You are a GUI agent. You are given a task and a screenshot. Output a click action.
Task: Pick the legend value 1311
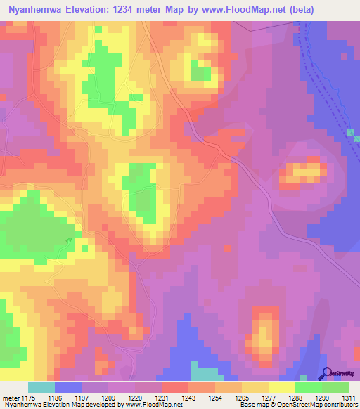coord(349,397)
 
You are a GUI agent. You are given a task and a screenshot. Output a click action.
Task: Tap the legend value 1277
coord(269,397)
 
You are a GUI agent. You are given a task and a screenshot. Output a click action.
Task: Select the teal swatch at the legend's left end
coord(41,387)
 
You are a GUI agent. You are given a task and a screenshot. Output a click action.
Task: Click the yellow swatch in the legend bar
coord(281,387)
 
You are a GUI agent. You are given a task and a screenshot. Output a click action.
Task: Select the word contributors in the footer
coord(335,405)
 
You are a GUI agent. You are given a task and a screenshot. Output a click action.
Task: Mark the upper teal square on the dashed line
coord(350,131)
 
